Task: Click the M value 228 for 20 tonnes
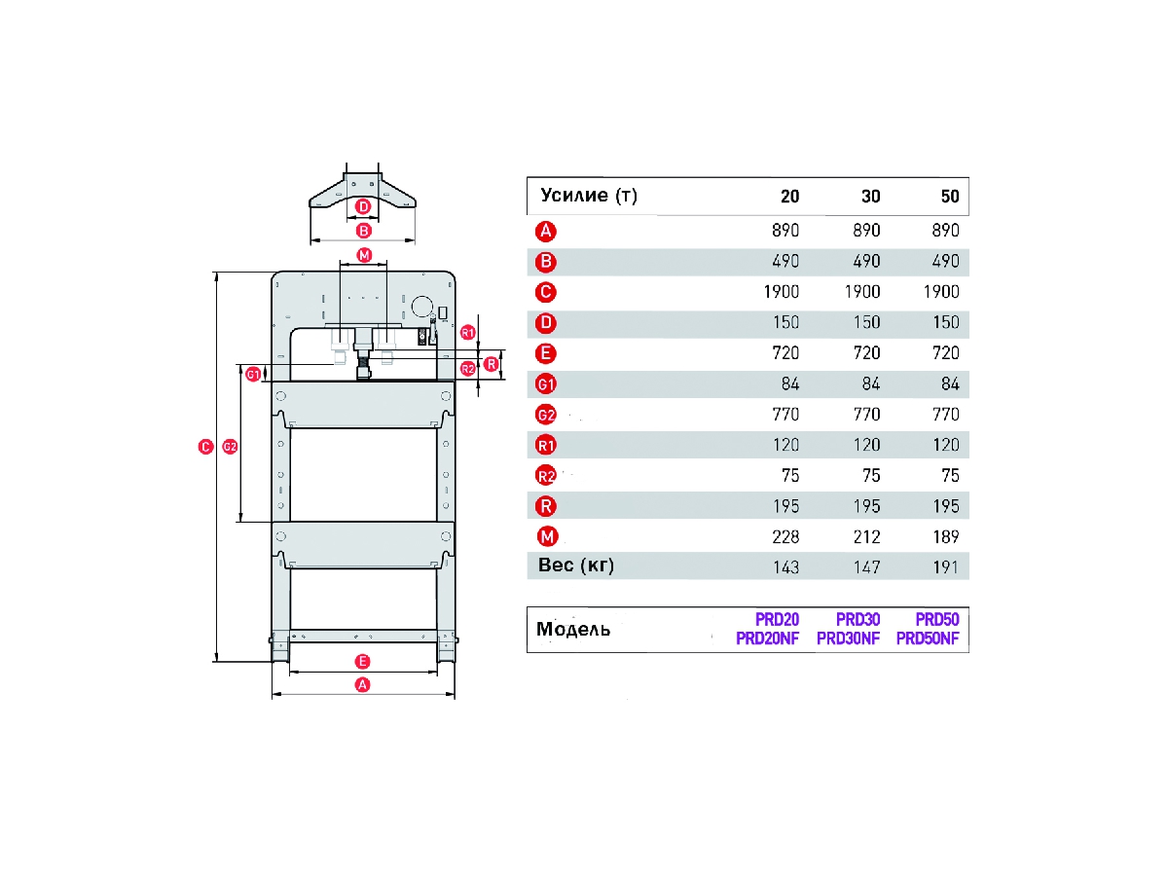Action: point(785,537)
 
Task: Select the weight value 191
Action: point(945,567)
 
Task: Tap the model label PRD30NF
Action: point(848,639)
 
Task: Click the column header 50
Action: point(950,197)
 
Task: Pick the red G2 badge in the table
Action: point(546,415)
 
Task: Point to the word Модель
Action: point(573,629)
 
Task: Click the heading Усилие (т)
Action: point(588,197)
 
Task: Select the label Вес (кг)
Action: point(576,566)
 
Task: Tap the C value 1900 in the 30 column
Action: point(861,292)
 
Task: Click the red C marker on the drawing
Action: point(204,447)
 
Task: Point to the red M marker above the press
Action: point(363,255)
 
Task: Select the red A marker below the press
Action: point(362,684)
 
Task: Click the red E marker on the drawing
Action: point(362,659)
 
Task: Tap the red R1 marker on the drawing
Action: point(467,332)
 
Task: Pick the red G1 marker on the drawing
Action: point(253,373)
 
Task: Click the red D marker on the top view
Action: point(363,206)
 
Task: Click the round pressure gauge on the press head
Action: point(421,307)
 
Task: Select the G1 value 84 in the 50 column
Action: point(950,384)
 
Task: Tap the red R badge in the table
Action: point(546,506)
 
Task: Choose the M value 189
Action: point(945,537)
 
